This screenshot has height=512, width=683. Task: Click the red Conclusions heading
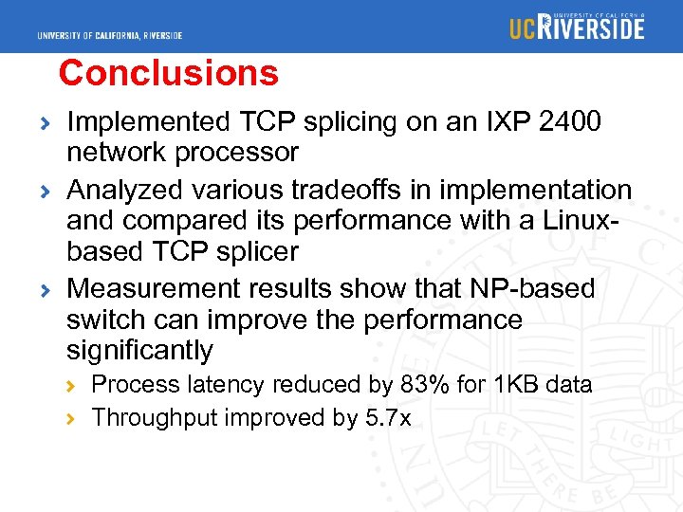point(168,73)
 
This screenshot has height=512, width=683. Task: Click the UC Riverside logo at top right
point(577,27)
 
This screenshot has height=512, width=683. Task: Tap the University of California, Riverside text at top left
point(110,36)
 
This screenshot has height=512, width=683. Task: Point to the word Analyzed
point(125,190)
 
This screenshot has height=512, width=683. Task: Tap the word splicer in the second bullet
point(257,251)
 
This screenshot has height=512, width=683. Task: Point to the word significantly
point(139,351)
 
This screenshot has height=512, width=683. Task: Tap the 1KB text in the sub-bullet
point(517,384)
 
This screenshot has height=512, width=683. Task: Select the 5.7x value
point(388,417)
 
